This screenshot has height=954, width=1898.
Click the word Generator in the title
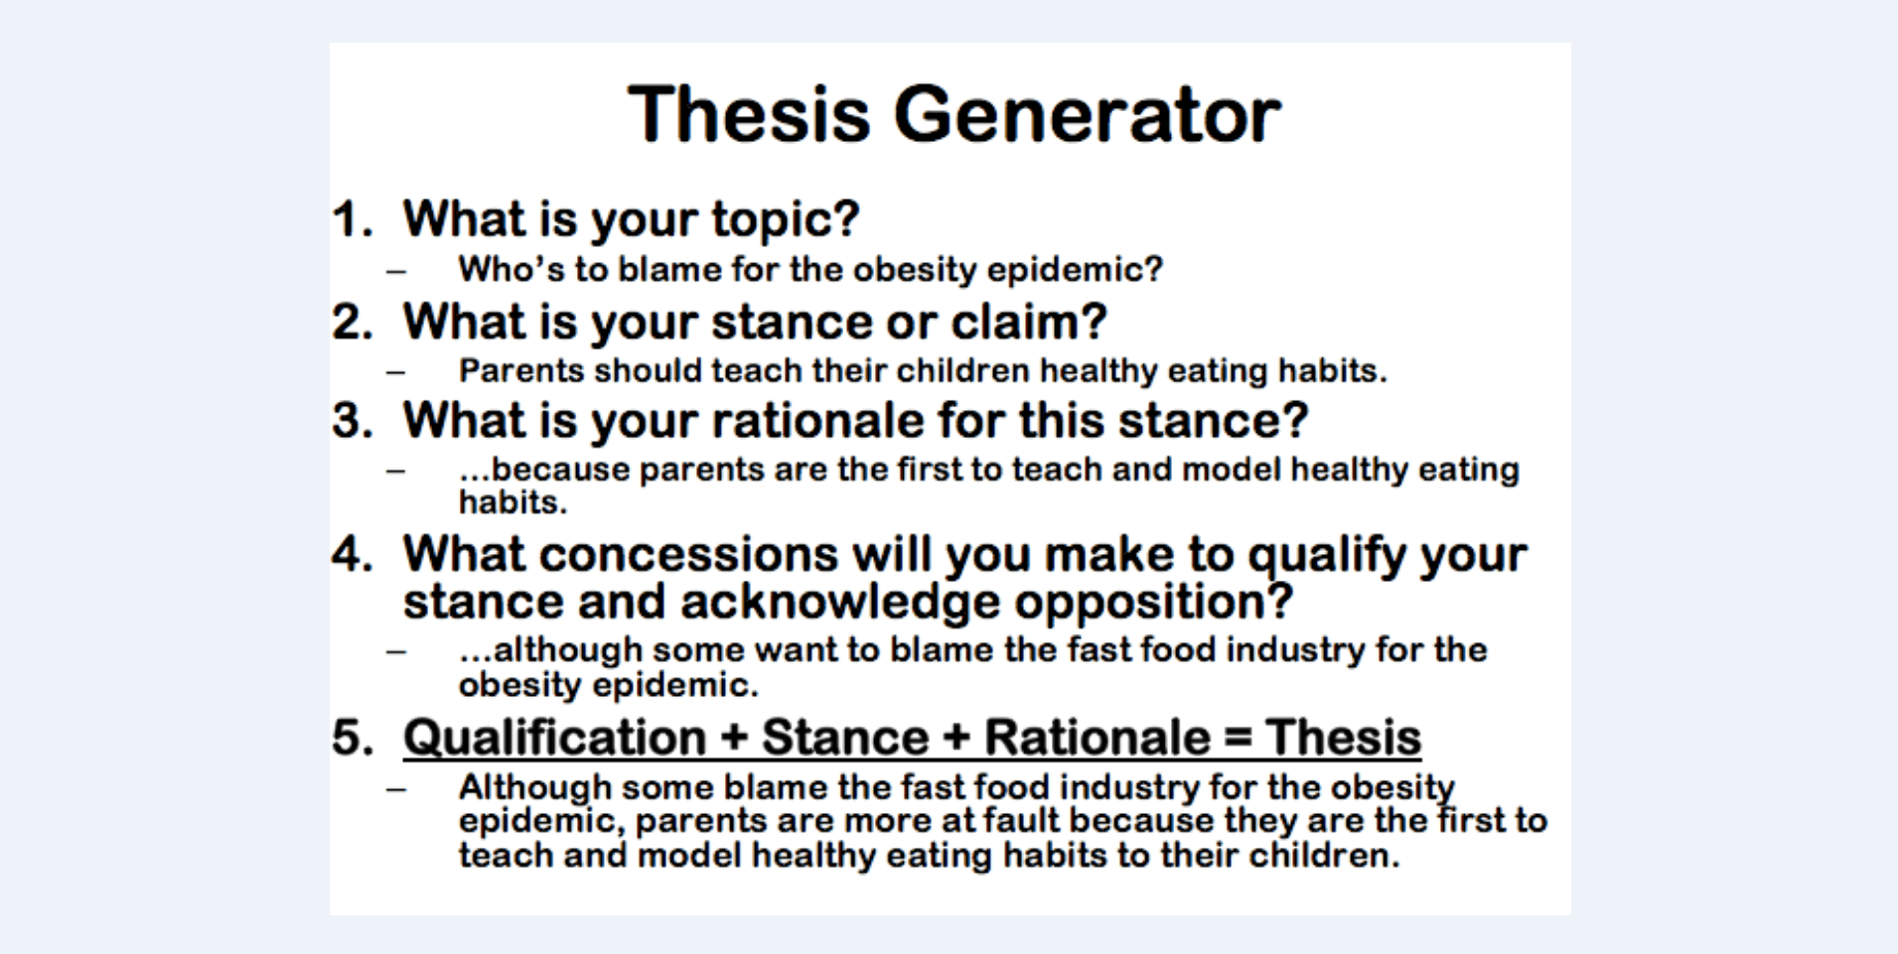1088,114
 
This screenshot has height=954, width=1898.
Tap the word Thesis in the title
750,114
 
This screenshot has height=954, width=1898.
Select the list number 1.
353,218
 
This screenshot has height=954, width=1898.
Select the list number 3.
353,421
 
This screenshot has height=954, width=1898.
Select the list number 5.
353,738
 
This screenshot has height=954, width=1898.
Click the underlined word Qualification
554,738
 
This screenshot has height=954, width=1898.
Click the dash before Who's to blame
396,271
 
